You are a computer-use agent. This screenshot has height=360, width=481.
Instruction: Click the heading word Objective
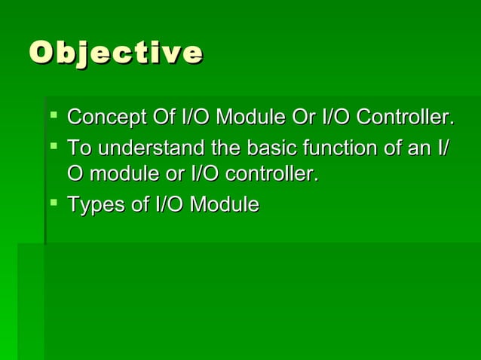[x=115, y=53]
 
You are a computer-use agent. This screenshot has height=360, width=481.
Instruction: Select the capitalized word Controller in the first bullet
[x=404, y=118]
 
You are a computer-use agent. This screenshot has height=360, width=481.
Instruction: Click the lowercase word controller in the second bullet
[x=273, y=174]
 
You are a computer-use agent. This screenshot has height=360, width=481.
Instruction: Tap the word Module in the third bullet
[x=224, y=204]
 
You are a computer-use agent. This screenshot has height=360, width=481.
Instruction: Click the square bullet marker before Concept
[x=53, y=117]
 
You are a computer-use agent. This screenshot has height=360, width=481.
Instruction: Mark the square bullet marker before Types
[x=53, y=203]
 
